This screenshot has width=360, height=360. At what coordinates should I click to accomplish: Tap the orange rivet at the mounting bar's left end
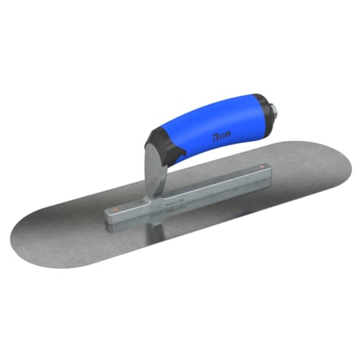click(118, 210)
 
